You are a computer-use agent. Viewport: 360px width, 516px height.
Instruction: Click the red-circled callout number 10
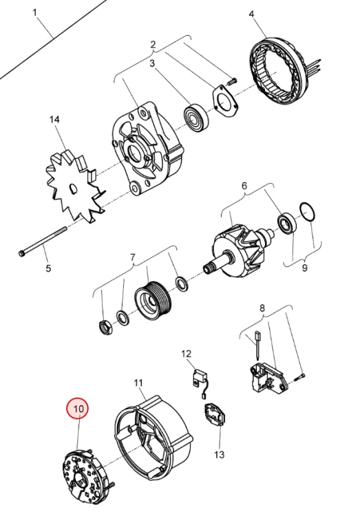tap(78, 409)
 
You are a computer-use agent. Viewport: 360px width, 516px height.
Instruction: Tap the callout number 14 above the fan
tap(54, 119)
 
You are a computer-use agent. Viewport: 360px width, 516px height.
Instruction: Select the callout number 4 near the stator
tap(251, 14)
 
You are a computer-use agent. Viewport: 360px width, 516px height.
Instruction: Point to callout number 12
tap(186, 354)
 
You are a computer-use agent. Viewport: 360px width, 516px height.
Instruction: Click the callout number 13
tap(219, 455)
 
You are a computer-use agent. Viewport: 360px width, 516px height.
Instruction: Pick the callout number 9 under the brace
tap(304, 268)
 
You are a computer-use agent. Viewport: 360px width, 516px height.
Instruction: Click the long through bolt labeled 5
tap(43, 241)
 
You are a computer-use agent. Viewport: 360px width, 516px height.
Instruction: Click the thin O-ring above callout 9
tap(308, 213)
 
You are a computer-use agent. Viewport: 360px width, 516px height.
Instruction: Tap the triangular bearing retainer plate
tap(225, 101)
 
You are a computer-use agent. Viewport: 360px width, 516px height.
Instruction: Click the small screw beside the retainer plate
tap(233, 80)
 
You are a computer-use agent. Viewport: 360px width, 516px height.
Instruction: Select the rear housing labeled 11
tap(153, 438)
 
